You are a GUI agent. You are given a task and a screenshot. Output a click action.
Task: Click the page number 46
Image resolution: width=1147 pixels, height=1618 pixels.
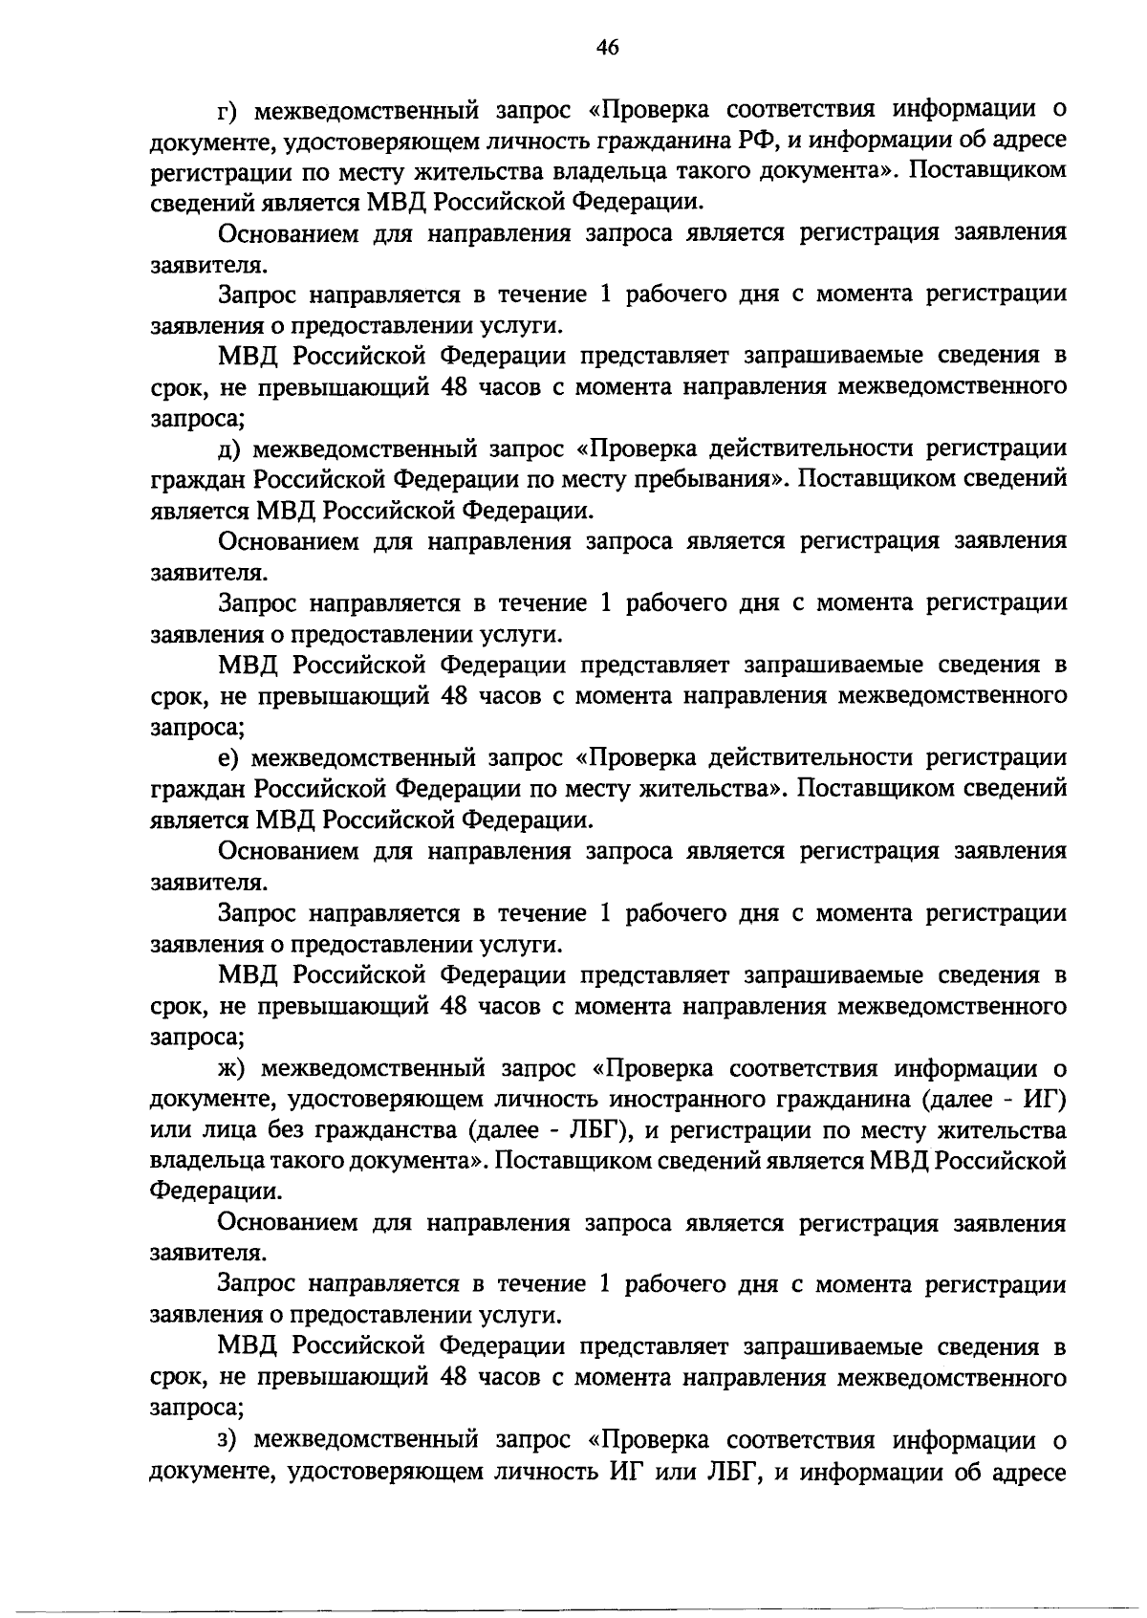(x=609, y=48)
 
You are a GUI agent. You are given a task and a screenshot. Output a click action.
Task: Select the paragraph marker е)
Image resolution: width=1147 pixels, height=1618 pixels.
(x=229, y=758)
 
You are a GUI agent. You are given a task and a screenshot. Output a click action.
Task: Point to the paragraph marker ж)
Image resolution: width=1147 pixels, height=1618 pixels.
(x=233, y=1068)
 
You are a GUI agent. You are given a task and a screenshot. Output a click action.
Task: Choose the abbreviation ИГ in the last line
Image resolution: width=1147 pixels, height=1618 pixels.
(x=627, y=1471)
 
